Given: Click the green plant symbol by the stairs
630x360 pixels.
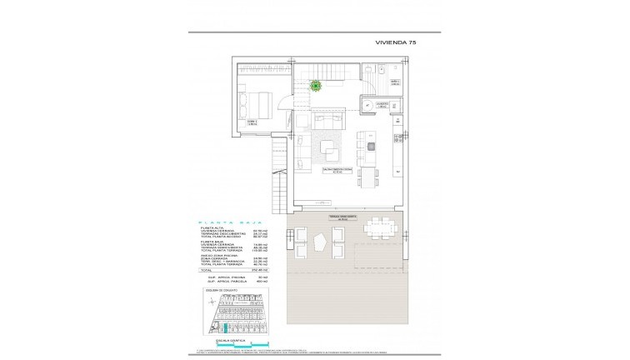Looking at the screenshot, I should pyautogui.click(x=316, y=84).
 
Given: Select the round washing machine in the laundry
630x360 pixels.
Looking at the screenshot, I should pyautogui.click(x=367, y=105).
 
